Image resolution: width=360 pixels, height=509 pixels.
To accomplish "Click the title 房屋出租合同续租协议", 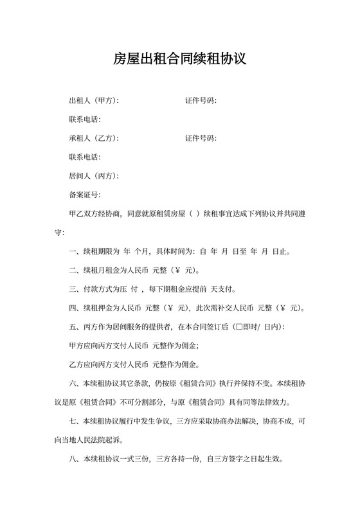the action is (x=180, y=60).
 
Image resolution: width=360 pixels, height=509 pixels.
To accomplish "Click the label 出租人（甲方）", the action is (x=93, y=101).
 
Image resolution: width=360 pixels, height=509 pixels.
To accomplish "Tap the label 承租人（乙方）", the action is (x=93, y=138).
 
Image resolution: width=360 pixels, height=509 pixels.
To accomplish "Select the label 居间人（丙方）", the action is (x=93, y=176).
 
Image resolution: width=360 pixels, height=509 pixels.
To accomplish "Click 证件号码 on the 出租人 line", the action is (x=200, y=101).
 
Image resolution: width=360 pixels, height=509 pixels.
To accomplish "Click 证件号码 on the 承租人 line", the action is (x=200, y=138).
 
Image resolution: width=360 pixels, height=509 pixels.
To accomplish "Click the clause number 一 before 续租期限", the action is (x=72, y=251).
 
